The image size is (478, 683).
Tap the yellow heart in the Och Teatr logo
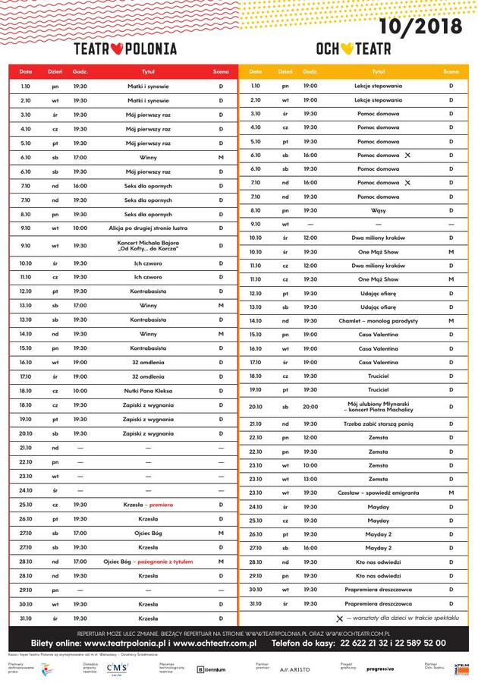346,49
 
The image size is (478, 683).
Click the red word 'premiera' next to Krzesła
161,505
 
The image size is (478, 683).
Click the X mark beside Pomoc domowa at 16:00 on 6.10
408,155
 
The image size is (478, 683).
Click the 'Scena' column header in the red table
221,71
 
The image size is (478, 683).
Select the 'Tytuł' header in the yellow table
379,71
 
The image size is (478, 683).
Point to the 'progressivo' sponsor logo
380,669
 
